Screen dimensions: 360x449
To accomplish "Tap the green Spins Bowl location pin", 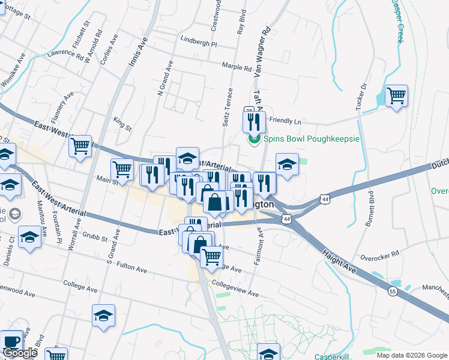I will [x=253, y=139].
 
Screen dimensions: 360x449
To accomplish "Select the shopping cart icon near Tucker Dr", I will [x=396, y=95].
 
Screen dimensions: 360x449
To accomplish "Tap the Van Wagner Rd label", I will [x=264, y=51].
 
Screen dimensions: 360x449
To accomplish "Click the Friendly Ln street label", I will [x=285, y=121].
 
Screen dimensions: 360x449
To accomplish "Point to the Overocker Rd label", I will [x=379, y=255].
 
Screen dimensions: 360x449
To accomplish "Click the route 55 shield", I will [x=392, y=291].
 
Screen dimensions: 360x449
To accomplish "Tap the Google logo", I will [x=20, y=353].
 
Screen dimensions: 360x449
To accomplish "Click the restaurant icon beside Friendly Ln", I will [x=253, y=122].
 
